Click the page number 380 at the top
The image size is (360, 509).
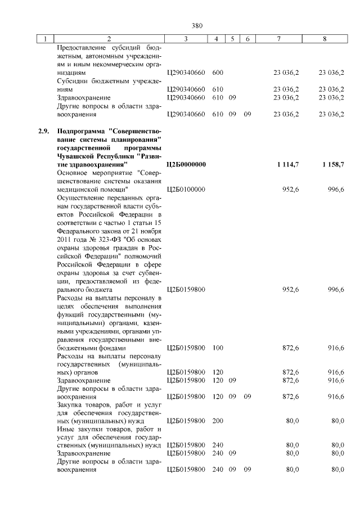click(x=196, y=25)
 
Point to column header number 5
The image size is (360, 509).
click(x=232, y=39)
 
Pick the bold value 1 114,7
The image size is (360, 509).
click(x=287, y=164)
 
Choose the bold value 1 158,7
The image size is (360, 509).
click(x=332, y=164)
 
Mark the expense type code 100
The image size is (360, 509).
click(x=218, y=348)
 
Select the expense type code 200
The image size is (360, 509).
click(x=218, y=421)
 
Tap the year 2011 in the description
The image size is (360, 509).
click(x=65, y=240)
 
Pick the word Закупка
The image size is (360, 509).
click(x=70, y=404)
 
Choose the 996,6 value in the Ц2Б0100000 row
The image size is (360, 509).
click(x=336, y=190)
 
